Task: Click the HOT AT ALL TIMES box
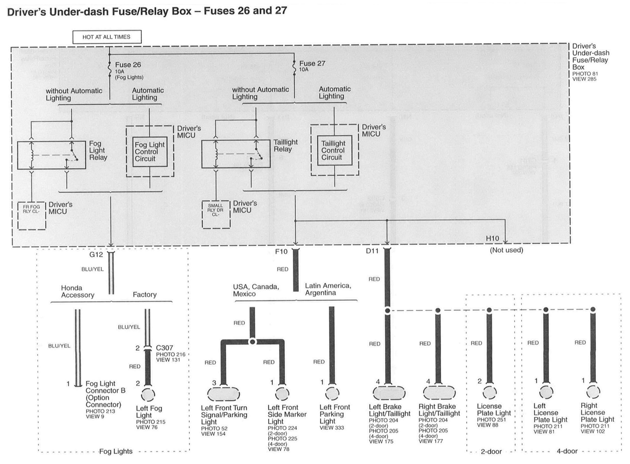107,37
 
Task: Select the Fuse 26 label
128,65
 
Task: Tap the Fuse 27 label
312,63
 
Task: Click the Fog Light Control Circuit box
150,152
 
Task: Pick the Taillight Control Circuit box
334,150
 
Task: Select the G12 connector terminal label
96,254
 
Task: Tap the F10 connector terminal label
281,251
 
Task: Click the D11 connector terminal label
372,251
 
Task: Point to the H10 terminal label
492,238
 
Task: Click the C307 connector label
164,348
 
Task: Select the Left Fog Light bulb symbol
148,395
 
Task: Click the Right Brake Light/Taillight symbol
439,393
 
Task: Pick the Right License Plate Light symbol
593,392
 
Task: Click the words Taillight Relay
285,145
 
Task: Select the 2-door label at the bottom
491,451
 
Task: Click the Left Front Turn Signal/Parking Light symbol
223,394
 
